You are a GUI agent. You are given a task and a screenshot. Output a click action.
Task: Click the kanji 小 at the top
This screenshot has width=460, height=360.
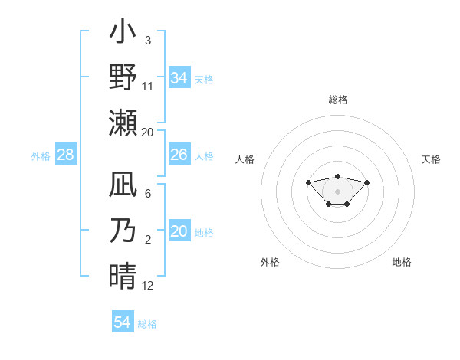123,34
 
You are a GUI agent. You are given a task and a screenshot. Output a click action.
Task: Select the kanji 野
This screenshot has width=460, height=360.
123,77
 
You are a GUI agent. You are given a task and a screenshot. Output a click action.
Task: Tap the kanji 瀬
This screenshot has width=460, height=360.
123,123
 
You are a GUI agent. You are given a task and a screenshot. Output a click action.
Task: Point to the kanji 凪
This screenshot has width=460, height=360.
123,186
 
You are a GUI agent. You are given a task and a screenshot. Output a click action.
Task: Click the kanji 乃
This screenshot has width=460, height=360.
123,230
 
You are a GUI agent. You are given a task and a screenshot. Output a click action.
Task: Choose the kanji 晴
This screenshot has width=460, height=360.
123,274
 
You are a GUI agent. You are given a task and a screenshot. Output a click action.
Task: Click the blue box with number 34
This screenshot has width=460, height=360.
179,78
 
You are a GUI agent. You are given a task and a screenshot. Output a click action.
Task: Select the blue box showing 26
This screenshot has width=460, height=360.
179,155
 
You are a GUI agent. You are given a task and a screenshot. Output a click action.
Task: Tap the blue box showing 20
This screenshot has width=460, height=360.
179,231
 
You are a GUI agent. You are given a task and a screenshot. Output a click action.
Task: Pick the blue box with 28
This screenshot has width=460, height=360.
65,155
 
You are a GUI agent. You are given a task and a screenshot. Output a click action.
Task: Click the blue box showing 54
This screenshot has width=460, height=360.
122,322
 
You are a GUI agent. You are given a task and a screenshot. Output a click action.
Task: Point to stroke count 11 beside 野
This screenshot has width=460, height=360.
148,86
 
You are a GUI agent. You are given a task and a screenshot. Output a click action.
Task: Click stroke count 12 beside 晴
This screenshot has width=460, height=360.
148,285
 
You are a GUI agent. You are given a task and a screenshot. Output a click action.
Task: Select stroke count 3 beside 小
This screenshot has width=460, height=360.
147,40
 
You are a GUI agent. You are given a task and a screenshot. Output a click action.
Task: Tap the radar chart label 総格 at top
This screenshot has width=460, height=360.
337,100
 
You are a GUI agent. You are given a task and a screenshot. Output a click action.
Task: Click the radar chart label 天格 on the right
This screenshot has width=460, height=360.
431,159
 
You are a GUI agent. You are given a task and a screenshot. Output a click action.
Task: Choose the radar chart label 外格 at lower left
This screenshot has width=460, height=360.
270,262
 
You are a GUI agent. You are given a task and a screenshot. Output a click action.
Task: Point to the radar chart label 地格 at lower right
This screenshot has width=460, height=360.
402,262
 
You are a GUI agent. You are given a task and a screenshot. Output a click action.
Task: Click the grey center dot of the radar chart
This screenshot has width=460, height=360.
337,191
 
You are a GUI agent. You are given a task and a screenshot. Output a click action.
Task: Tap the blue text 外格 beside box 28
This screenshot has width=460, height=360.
41,156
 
